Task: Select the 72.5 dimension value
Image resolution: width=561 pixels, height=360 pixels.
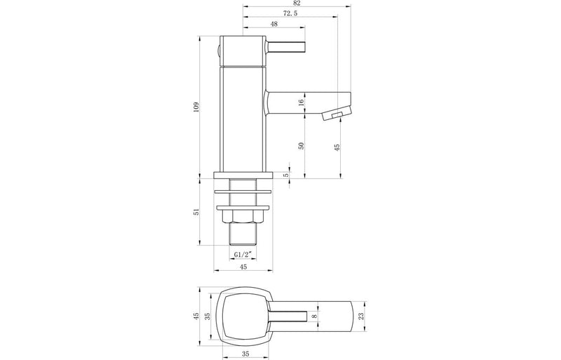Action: tap(270, 14)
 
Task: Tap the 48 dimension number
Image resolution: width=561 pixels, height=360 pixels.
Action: tap(273, 24)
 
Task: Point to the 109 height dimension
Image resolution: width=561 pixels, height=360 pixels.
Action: tap(196, 106)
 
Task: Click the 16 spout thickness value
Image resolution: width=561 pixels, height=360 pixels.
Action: tap(302, 102)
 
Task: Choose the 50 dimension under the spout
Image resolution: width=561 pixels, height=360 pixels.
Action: tap(302, 145)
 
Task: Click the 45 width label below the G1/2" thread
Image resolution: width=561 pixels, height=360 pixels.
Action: tap(242, 266)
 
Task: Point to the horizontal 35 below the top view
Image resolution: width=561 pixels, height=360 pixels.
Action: tap(245, 354)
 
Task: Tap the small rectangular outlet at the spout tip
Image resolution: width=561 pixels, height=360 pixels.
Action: tap(337, 115)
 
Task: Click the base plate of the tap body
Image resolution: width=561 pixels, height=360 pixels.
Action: tap(242, 175)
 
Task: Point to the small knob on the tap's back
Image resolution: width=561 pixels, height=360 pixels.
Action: tap(217, 51)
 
